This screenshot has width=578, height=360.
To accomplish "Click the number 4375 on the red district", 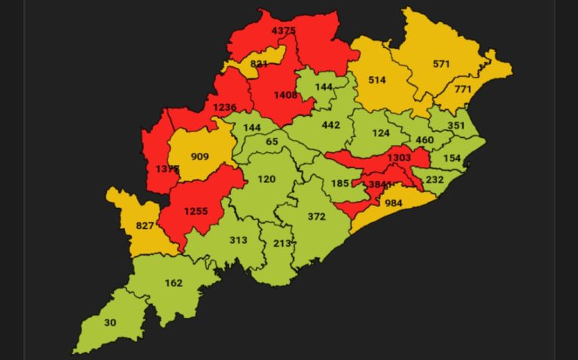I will coord(284,30).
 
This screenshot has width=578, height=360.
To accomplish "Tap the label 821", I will coord(259,64).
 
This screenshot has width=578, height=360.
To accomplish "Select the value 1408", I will coord(286,95).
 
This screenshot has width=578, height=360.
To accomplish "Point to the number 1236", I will coord(224,108).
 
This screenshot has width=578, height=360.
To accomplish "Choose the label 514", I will coord(376,79).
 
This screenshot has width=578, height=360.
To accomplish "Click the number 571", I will coord(442,64).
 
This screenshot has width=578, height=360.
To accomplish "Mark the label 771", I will coord(462,90).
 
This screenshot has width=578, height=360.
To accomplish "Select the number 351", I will coord(456,126).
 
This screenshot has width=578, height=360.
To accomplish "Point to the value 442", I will coord(331,125).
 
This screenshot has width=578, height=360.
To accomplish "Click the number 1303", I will coord(400,157).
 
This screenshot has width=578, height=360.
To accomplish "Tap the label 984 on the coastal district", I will coord(394,203).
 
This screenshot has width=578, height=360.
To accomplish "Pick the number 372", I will coord(316,216).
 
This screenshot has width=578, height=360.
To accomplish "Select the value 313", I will coord(238,239).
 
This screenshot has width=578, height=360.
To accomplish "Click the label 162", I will coord(173,283).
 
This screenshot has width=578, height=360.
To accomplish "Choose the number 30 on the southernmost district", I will coord(111,322).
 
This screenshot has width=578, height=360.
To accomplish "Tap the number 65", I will coord(272,142).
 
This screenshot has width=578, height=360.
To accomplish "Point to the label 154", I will coord(452,158).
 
